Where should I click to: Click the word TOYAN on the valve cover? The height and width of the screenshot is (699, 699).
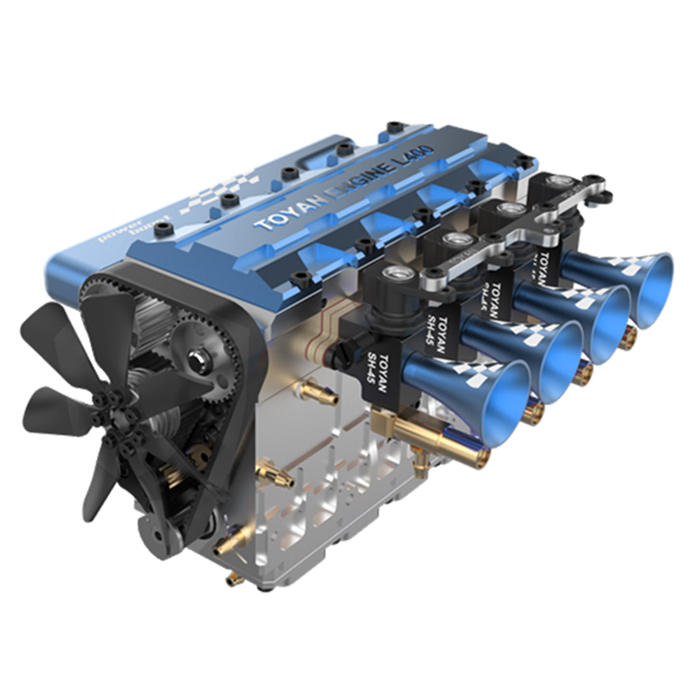click(280, 214)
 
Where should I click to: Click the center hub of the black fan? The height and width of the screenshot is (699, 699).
click(114, 416)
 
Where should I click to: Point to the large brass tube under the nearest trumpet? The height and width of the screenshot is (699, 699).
click(432, 437)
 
